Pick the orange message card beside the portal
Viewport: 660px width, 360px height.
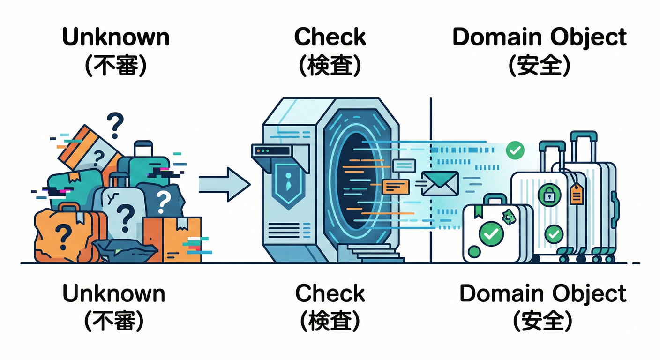tap(396, 187)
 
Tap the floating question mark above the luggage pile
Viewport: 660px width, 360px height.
tap(115, 125)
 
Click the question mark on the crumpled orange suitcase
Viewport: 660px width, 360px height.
tap(63, 232)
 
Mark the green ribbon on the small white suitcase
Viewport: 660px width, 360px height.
tap(479, 210)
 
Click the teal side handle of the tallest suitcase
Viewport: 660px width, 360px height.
tap(615, 206)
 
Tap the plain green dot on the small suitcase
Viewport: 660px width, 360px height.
tap(474, 252)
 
